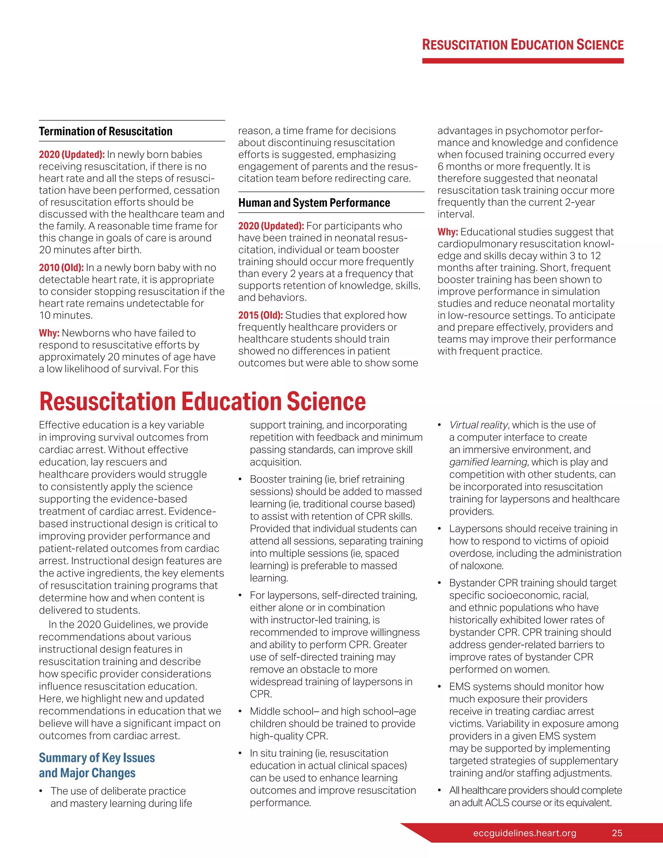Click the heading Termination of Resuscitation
coord(105,131)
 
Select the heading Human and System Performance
coord(314,203)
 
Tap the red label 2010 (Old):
coord(61,267)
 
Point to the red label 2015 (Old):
coord(260,315)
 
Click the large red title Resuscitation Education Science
coord(202,401)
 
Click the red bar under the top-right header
coord(523,61)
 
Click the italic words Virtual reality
coord(478,425)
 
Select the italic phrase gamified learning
coord(488,462)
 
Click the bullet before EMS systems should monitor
coord(440,687)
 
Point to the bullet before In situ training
coord(240,753)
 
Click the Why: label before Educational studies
coord(447,232)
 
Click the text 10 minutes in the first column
coord(66,315)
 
